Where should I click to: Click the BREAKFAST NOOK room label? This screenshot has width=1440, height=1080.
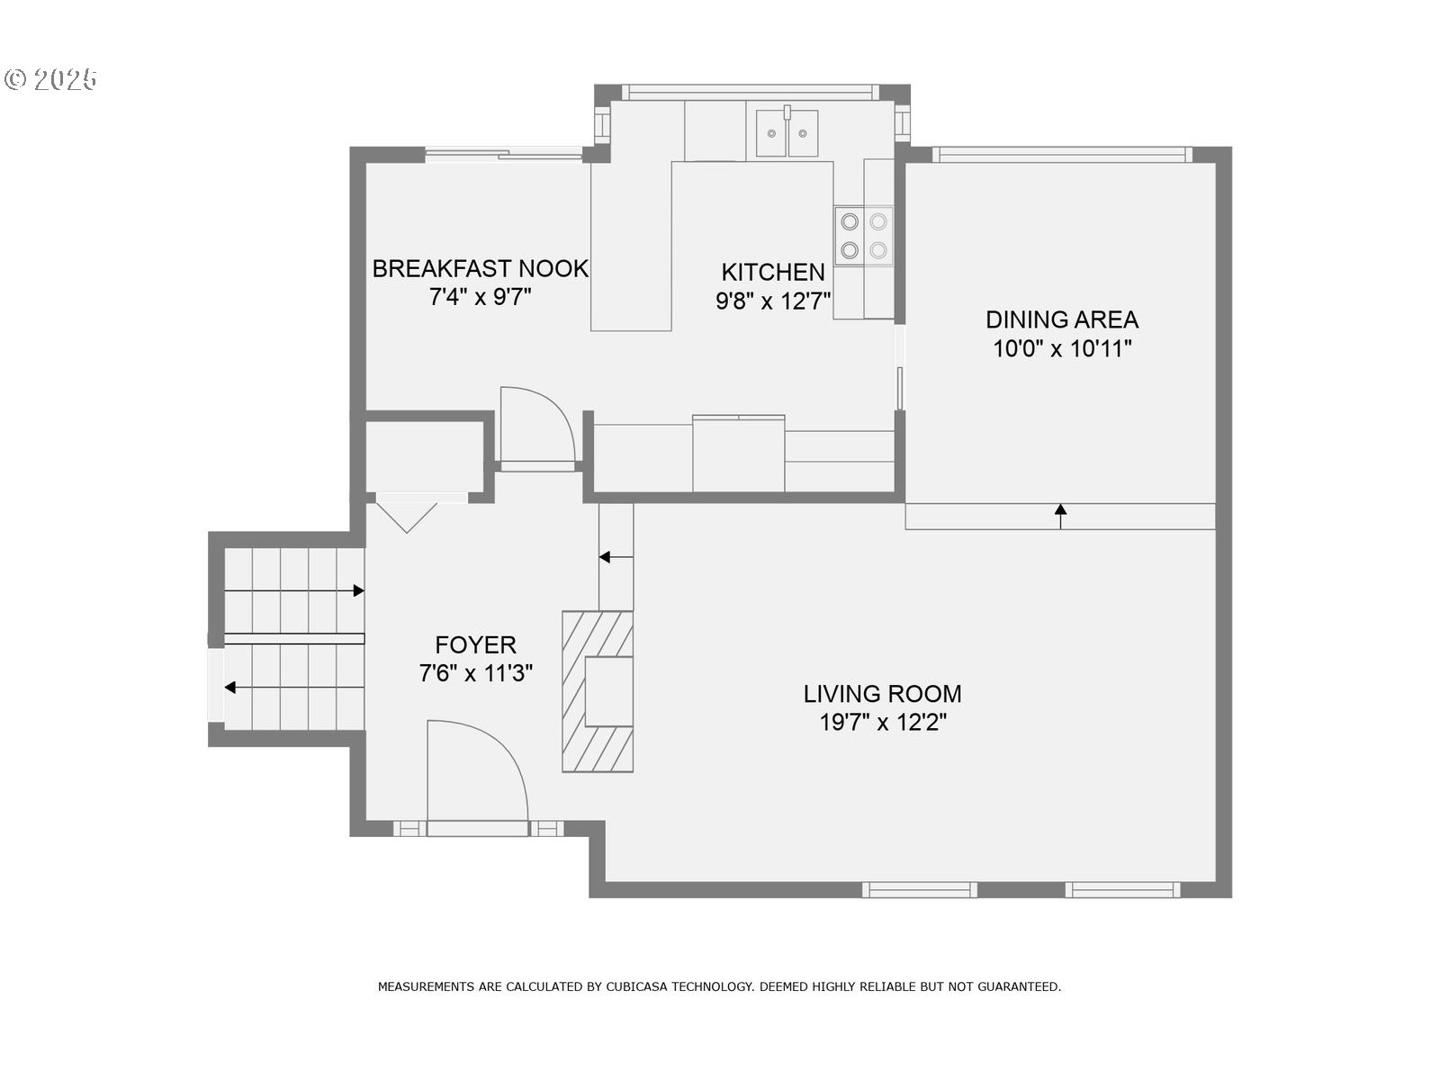(481, 269)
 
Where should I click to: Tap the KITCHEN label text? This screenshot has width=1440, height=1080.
(773, 272)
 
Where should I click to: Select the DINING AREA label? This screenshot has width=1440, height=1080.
(1061, 320)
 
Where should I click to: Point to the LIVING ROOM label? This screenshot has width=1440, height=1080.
(882, 694)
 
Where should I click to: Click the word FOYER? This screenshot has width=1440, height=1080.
(475, 645)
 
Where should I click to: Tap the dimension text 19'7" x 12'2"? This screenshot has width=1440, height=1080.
(883, 723)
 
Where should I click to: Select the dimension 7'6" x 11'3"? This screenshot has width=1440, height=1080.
(475, 673)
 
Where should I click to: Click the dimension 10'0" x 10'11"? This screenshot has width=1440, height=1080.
(1062, 349)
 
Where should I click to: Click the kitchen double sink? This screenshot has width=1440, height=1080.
(787, 132)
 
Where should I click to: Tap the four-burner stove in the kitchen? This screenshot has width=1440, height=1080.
(863, 236)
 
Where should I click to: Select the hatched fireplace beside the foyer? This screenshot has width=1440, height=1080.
(598, 691)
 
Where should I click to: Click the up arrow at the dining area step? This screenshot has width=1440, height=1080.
(1060, 516)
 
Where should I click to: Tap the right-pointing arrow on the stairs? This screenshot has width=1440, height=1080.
(294, 590)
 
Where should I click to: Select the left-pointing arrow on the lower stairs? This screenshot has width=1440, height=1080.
(294, 688)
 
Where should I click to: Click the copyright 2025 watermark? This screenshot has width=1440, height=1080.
(51, 79)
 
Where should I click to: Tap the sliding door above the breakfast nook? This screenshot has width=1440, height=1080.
(504, 155)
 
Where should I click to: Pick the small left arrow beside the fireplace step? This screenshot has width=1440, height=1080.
(616, 557)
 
